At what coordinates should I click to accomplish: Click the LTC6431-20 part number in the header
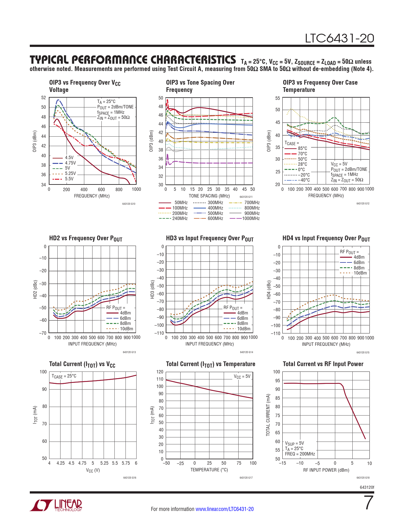339,38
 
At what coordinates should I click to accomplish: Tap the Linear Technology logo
56,505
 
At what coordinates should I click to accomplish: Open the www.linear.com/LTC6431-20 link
224,509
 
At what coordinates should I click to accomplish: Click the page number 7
369,503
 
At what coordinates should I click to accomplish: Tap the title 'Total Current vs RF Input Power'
323,364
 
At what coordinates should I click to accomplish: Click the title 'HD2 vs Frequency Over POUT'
86,238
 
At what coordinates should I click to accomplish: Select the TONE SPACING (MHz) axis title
209,196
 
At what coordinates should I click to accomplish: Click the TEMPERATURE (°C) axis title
209,470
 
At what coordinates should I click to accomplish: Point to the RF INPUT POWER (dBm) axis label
326,470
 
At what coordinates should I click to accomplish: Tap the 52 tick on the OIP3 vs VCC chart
43,98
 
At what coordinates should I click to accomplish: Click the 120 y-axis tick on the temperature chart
160,372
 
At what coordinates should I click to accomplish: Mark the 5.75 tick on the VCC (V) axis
126,463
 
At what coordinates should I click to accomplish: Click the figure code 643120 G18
363,478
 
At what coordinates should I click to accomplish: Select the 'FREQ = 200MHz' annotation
300,454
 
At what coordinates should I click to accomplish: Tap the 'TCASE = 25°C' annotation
64,376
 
